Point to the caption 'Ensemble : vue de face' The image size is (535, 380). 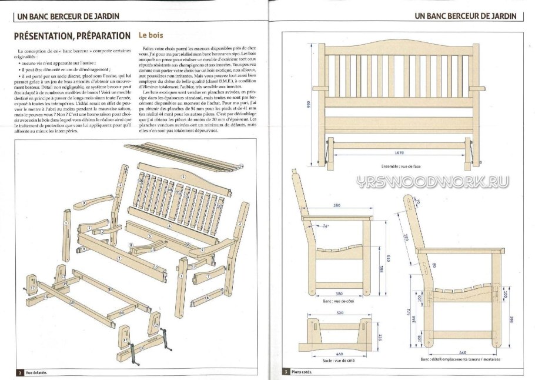click(x=400, y=166)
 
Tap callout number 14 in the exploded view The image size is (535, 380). click(x=242, y=166)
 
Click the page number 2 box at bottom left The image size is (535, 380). click(x=20, y=372)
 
